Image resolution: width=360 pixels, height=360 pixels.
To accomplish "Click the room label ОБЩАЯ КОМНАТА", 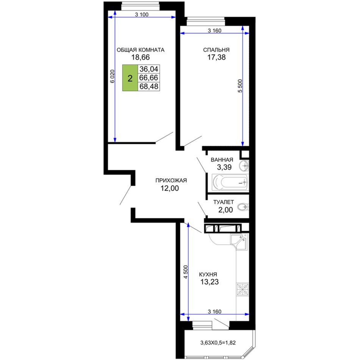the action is click(141, 50).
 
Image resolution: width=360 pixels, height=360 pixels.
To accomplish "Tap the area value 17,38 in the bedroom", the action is click(216, 57).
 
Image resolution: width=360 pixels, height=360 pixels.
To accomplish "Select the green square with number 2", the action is click(130, 78).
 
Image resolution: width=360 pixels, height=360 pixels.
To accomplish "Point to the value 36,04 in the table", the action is click(149, 69).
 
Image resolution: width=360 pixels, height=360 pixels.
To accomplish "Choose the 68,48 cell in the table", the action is click(149, 86).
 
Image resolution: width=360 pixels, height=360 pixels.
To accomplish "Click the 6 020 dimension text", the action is click(112, 76).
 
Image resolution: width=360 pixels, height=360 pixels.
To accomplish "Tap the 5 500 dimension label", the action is click(240, 86).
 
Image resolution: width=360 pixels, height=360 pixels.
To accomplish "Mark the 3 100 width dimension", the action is click(142, 14).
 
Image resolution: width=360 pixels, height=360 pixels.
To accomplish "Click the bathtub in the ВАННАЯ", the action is click(230, 183).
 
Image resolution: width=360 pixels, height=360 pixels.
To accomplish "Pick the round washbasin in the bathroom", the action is click(244, 165).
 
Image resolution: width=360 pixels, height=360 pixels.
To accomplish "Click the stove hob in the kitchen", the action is click(243, 289).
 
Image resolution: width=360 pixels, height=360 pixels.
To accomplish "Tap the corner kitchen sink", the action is click(239, 241).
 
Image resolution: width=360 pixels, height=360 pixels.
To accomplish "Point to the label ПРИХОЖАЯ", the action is click(171, 180).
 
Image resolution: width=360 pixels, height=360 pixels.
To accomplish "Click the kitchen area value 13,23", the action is click(210, 282).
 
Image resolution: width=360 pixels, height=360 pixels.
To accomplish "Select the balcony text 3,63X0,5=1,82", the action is click(218, 343).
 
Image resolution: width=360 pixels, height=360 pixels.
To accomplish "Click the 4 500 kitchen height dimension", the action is click(186, 272).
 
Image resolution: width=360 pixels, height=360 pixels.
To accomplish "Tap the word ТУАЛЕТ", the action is click(224, 202).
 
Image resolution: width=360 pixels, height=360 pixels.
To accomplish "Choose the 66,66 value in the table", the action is click(149, 78).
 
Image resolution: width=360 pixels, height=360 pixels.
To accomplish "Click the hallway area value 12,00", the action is click(170, 188).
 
